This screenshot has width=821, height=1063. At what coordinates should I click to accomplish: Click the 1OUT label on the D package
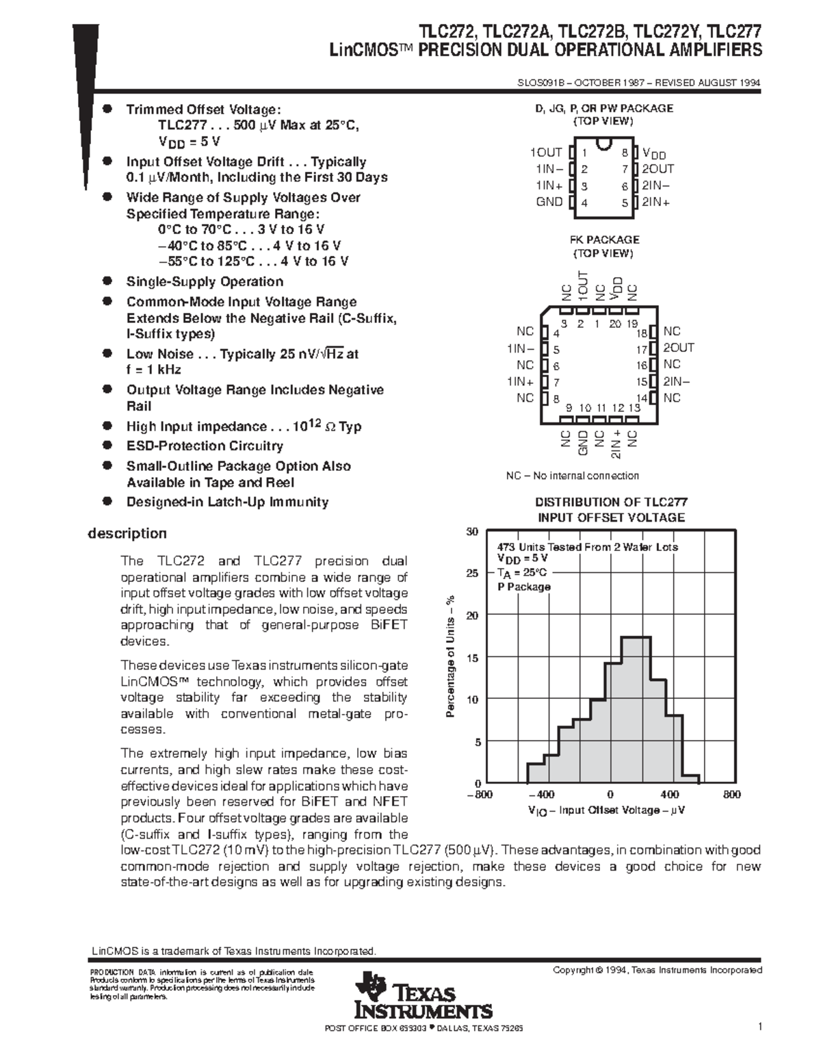545,153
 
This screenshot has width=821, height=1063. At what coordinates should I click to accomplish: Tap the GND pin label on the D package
549,202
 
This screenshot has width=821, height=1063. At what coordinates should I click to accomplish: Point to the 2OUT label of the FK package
678,348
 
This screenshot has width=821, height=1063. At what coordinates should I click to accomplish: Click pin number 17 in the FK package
642,349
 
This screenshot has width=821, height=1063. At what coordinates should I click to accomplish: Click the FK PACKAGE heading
603,240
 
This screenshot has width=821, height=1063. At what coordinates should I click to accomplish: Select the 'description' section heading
127,533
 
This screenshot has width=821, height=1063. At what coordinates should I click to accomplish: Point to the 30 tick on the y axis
472,532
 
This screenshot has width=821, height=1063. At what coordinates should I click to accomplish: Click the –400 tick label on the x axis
541,795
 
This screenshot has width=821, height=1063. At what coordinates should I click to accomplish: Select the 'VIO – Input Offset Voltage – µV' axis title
606,810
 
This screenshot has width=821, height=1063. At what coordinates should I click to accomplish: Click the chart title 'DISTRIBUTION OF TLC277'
611,502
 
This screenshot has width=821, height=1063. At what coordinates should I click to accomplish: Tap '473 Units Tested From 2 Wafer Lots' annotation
587,547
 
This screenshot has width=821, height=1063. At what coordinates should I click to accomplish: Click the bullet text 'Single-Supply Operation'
205,281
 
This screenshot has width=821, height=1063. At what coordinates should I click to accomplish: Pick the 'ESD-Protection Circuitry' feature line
205,446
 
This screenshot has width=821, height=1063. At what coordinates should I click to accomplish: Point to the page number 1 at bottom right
759,1026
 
